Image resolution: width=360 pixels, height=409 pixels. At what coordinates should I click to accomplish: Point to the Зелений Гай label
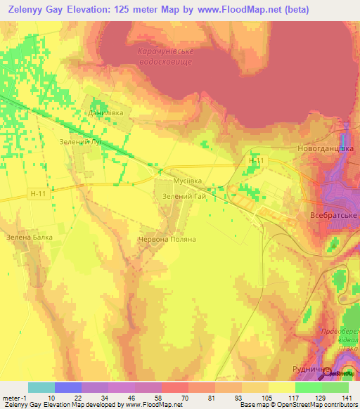pos(184,197)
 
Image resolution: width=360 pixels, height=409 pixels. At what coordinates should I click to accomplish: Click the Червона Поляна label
pos(166,239)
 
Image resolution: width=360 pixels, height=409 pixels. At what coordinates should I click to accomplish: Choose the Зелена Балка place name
pos(30,237)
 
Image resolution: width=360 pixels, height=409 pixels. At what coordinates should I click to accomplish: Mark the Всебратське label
pos(331,215)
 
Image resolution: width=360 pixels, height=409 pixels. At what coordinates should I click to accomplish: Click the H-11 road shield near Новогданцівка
pos(257,161)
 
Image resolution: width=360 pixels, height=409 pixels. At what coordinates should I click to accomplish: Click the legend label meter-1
pos(12,397)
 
